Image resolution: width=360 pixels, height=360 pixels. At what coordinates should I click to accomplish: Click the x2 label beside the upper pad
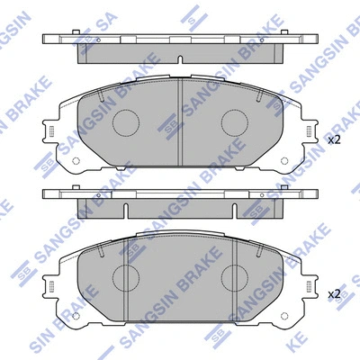(334, 140)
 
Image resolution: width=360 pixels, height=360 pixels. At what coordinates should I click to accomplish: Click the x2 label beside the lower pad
(334, 293)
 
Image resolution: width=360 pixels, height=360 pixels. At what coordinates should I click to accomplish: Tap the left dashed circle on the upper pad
(125, 124)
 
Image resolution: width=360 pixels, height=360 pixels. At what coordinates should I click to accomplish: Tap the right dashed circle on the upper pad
(235, 124)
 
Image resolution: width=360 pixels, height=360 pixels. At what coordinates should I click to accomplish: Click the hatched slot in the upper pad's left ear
(50, 133)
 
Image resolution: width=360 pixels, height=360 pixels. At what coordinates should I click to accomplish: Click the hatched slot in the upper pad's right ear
(310, 133)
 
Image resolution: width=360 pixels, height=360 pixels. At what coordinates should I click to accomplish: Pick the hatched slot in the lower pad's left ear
(50, 286)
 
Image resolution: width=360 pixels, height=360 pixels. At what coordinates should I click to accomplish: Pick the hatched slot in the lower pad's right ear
(310, 286)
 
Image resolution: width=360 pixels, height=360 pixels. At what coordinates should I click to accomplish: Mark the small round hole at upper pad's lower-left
(76, 164)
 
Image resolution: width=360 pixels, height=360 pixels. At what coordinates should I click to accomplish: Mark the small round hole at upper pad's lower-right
(284, 164)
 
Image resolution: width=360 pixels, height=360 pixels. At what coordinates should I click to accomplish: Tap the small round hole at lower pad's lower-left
(76, 317)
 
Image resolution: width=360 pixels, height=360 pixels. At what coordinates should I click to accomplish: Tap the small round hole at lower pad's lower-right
(284, 317)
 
